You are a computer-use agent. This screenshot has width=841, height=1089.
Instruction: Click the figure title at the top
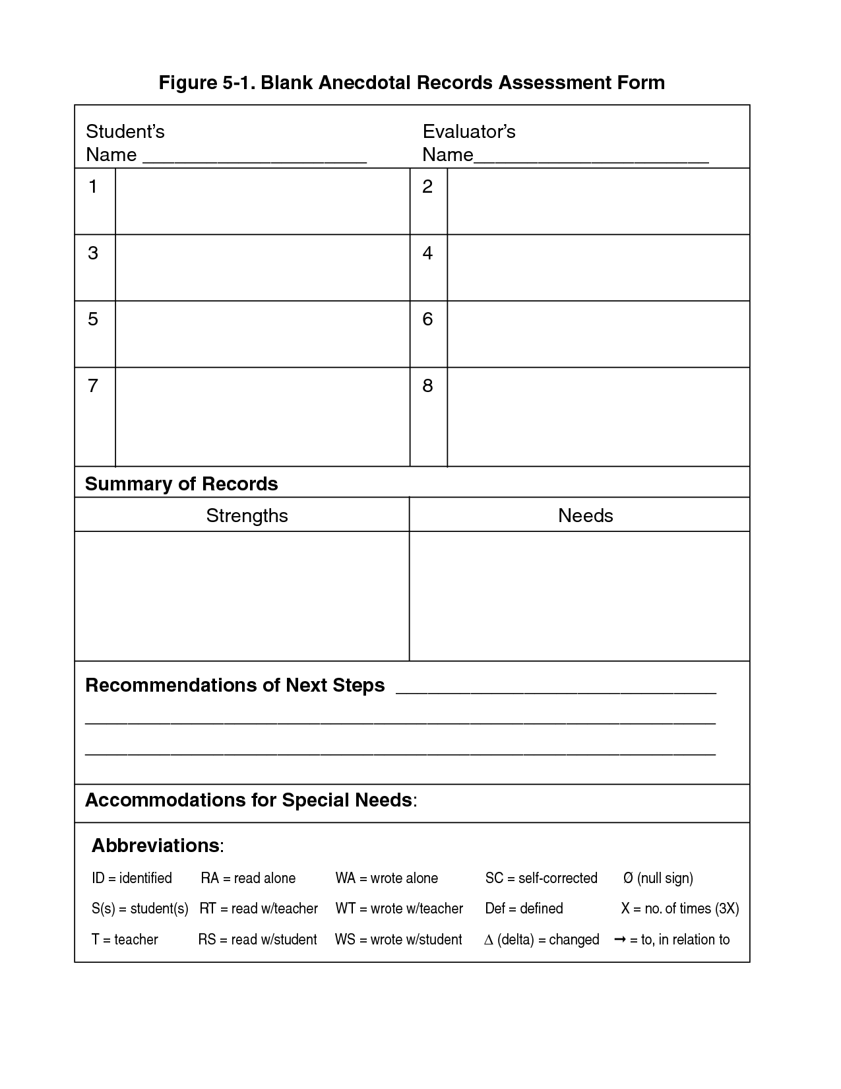(x=412, y=82)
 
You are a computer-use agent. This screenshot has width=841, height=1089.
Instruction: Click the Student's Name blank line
(x=254, y=160)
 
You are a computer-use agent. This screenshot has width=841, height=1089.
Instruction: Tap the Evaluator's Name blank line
(x=591, y=160)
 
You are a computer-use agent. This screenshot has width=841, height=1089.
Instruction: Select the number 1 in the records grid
(x=93, y=187)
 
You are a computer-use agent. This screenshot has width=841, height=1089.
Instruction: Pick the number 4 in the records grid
(x=427, y=253)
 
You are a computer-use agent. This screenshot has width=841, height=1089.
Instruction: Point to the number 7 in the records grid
(x=93, y=385)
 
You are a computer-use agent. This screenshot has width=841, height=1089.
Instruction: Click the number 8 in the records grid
(x=427, y=385)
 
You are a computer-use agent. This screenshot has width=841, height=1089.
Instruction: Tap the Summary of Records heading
(x=181, y=484)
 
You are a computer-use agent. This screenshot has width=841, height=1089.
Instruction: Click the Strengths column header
(x=247, y=515)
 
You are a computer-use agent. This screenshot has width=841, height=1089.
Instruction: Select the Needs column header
(x=585, y=515)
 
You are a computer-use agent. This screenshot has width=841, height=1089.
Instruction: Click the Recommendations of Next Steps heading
(x=235, y=685)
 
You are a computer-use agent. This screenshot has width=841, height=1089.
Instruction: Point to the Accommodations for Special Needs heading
(x=250, y=800)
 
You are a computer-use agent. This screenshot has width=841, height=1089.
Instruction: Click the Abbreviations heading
(x=157, y=845)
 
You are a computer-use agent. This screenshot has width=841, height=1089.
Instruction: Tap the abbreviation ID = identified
(x=132, y=878)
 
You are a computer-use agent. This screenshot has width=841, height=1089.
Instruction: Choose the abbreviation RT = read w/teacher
(x=259, y=909)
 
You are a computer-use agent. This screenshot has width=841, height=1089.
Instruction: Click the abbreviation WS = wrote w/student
(x=398, y=940)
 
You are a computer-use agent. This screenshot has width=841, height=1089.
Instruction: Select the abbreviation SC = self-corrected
(x=541, y=878)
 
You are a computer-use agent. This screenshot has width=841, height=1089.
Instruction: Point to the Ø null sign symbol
(x=628, y=878)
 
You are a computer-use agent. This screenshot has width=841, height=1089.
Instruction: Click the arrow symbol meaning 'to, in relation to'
(x=620, y=939)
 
